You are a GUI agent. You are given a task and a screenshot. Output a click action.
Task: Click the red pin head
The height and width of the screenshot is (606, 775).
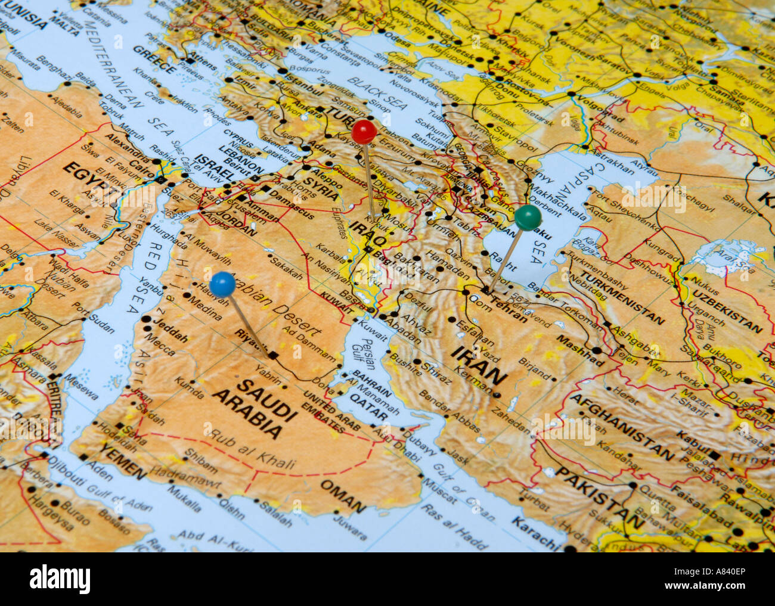click(364, 132)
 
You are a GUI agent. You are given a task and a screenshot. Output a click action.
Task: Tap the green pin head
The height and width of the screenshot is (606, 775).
click(528, 217)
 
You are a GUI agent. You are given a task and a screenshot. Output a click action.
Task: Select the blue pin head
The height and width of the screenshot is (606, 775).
click(222, 284)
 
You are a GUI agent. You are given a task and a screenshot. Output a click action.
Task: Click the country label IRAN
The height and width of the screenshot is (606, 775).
click(479, 364)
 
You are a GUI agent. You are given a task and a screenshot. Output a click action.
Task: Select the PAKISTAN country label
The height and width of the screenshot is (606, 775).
click(599, 497)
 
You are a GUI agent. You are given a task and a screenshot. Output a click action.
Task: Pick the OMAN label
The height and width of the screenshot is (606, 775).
click(343, 496)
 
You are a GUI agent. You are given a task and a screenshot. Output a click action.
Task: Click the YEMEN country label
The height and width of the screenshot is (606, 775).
click(122, 461)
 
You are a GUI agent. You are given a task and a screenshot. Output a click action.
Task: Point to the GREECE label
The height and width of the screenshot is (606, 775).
click(154, 60)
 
